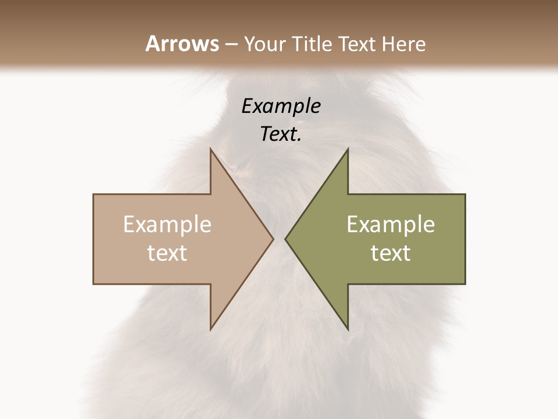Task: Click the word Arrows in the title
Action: click(182, 44)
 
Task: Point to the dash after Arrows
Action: click(231, 45)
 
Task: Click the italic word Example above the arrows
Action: click(281, 106)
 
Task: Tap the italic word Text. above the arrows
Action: click(279, 134)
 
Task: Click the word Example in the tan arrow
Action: click(167, 225)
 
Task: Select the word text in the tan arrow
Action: click(167, 253)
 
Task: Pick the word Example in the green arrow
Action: click(391, 225)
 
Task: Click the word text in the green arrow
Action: click(391, 253)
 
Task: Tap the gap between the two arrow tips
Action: click(279, 239)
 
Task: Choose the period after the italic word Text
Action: click(299, 140)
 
